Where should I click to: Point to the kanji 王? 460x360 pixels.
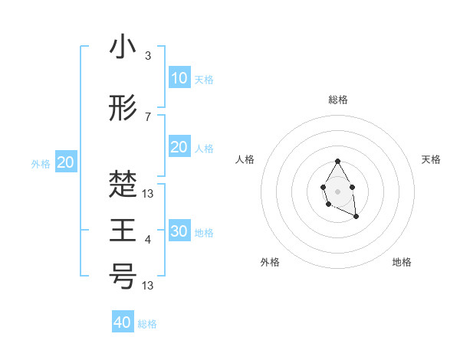point(123,230)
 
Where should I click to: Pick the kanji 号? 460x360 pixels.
point(123,275)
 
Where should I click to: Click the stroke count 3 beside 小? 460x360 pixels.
point(148,56)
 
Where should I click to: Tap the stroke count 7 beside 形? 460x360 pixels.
point(148,117)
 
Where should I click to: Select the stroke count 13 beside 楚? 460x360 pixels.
point(150,193)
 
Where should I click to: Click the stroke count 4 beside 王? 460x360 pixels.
point(148,240)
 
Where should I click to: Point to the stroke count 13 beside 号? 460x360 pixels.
point(150,285)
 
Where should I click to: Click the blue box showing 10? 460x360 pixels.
point(179,78)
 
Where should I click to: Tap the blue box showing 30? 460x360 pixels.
point(179,231)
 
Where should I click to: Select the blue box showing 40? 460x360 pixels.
point(123,322)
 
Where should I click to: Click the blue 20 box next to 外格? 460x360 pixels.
point(66,162)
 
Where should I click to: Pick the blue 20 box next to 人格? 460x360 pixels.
point(179,147)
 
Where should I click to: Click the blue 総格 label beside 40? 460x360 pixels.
point(147,324)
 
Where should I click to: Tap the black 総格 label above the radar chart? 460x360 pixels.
point(338,100)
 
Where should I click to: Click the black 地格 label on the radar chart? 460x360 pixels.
point(402,262)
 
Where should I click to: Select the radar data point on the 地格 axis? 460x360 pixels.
point(356,217)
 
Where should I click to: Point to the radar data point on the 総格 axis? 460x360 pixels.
point(337,161)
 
